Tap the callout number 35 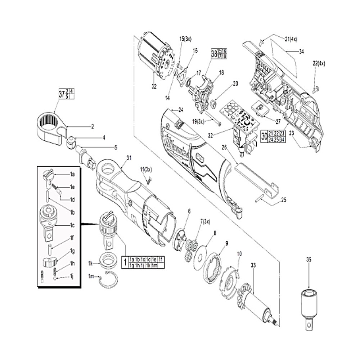(308, 259)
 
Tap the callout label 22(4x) (319, 63)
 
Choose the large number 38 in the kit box (214, 54)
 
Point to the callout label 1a (72, 174)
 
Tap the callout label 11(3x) (146, 169)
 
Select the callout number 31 (130, 158)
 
